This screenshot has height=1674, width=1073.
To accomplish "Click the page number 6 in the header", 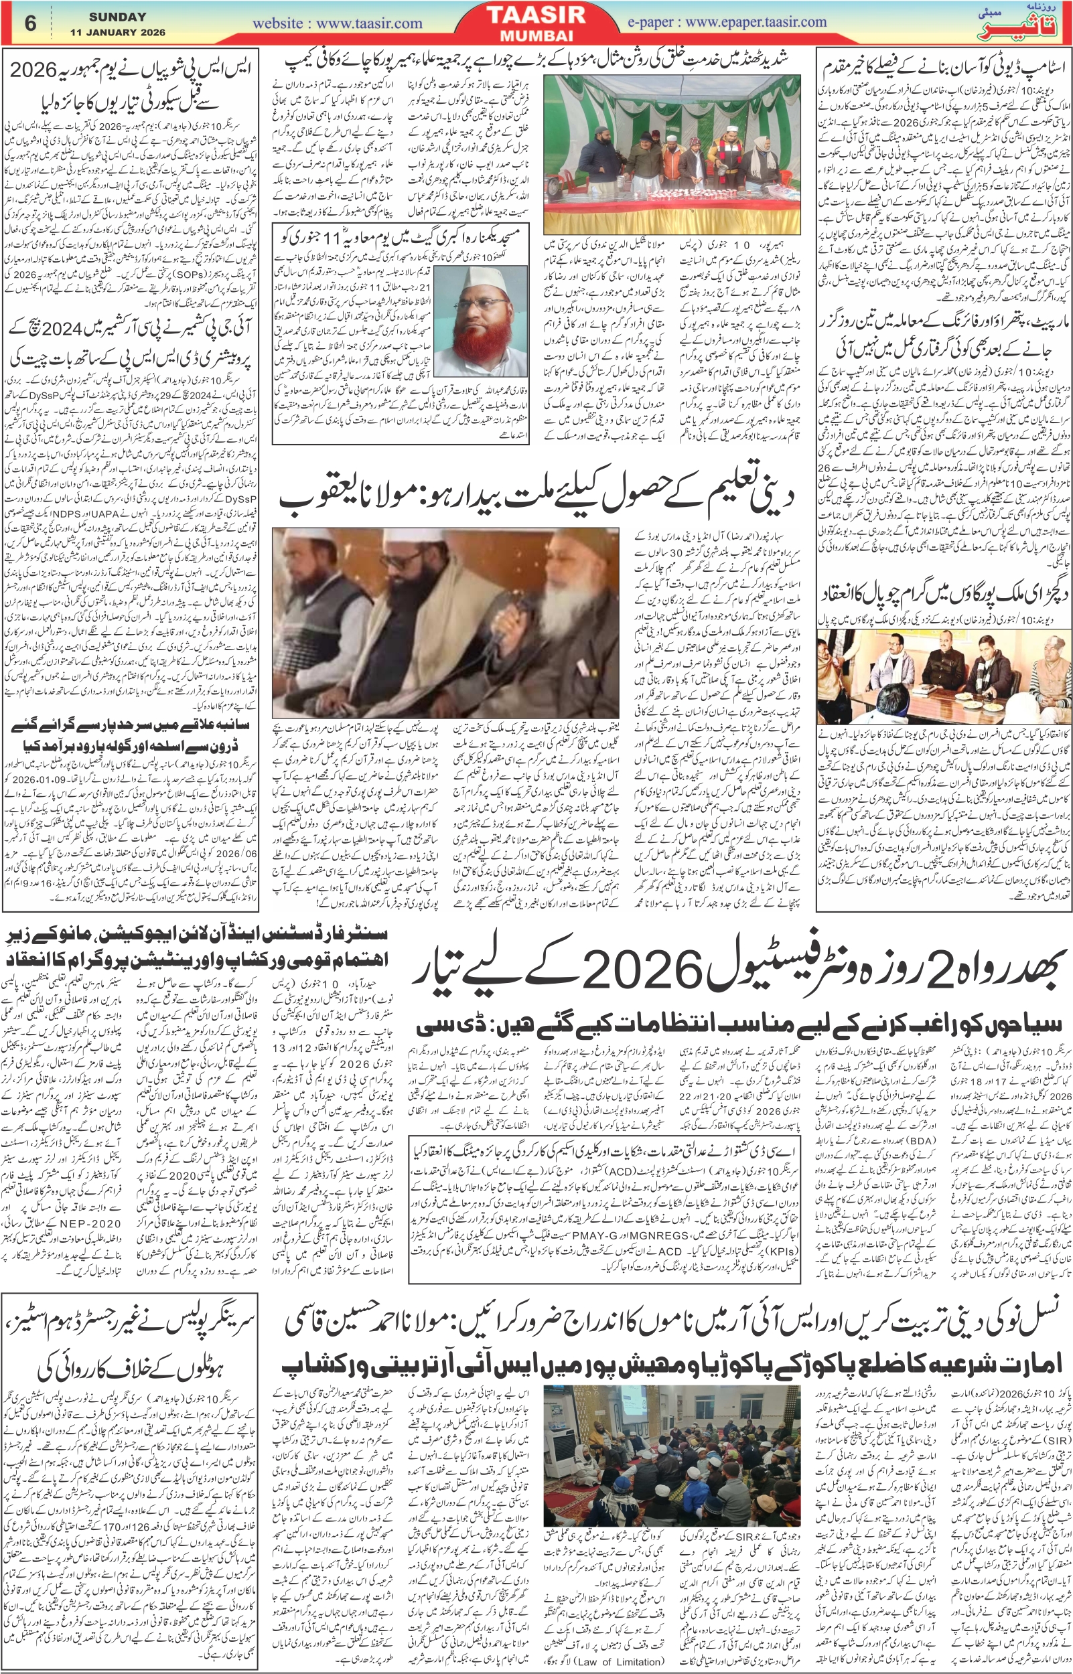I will pos(30,23).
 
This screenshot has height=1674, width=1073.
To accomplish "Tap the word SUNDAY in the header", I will pos(117,16).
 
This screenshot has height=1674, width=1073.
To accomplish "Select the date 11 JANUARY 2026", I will pos(117,33).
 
